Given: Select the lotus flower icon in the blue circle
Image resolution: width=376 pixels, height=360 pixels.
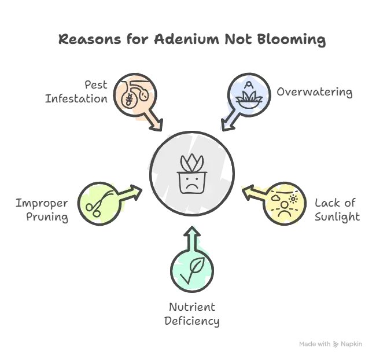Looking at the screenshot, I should pos(249,97).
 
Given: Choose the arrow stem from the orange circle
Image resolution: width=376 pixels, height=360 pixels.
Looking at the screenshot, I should pos(154,121).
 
